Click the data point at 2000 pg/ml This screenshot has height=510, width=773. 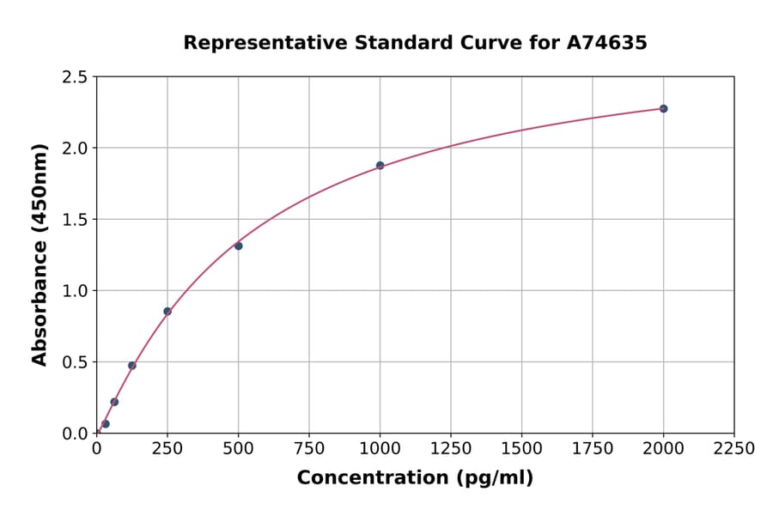tap(663, 109)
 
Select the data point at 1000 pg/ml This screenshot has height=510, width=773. tap(380, 166)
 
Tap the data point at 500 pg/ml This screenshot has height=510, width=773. tap(238, 246)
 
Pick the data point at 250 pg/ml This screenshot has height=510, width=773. tap(167, 312)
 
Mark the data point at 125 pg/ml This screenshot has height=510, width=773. tap(132, 366)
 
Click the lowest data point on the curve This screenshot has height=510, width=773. tap(106, 424)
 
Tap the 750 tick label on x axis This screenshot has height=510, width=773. tap(309, 449)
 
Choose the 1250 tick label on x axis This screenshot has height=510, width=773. tap(451, 449)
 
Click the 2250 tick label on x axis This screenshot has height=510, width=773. tap(734, 449)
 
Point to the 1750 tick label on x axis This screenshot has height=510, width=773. tap(593, 449)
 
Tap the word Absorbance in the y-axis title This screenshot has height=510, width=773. tap(40, 292)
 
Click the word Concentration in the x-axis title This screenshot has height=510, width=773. tap(362, 478)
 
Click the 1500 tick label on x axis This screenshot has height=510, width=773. tap(521, 449)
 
